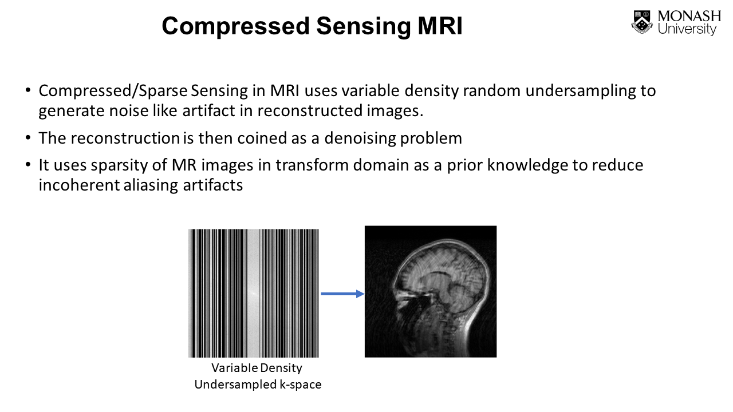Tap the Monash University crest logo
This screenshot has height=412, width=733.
pyautogui.click(x=642, y=22)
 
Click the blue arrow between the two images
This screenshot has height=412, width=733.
pyautogui.click(x=342, y=294)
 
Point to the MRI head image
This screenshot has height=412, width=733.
pyautogui.click(x=431, y=292)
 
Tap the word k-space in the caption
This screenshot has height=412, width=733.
pyautogui.click(x=300, y=385)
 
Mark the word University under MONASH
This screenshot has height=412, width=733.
pyautogui.click(x=687, y=29)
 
